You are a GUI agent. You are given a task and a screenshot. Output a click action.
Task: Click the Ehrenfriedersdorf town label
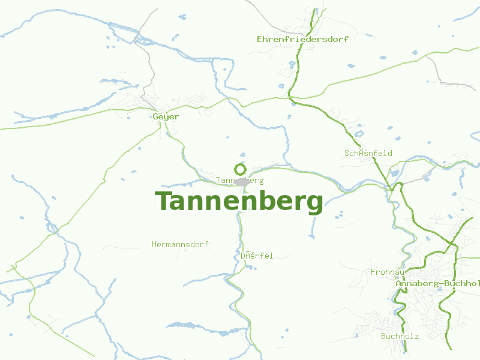click(x=302, y=39)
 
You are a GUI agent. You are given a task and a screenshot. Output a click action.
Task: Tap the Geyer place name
click(x=166, y=116)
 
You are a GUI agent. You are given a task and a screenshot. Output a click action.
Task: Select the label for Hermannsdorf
click(x=180, y=245)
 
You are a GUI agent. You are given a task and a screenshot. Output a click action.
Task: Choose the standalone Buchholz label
click(x=400, y=336)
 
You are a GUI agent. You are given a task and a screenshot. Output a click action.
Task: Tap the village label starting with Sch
click(x=368, y=153)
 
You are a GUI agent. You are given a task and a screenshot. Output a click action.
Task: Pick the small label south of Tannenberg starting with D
click(x=257, y=256)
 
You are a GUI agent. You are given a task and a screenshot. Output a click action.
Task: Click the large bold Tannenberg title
click(x=239, y=202)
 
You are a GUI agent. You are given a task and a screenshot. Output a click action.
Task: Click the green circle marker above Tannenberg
click(x=241, y=169)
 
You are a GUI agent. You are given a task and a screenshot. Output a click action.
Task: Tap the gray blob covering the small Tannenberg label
click(x=242, y=181)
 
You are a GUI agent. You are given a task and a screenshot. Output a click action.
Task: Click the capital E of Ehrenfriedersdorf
click(x=259, y=39)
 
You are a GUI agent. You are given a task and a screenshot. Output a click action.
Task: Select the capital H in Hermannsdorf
click(x=155, y=245)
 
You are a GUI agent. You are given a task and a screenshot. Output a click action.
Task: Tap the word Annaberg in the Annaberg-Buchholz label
click(x=415, y=283)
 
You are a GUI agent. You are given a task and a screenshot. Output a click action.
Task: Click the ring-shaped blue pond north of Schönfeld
click(x=359, y=134)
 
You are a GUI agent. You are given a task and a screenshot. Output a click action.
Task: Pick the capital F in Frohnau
click(x=373, y=272)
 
